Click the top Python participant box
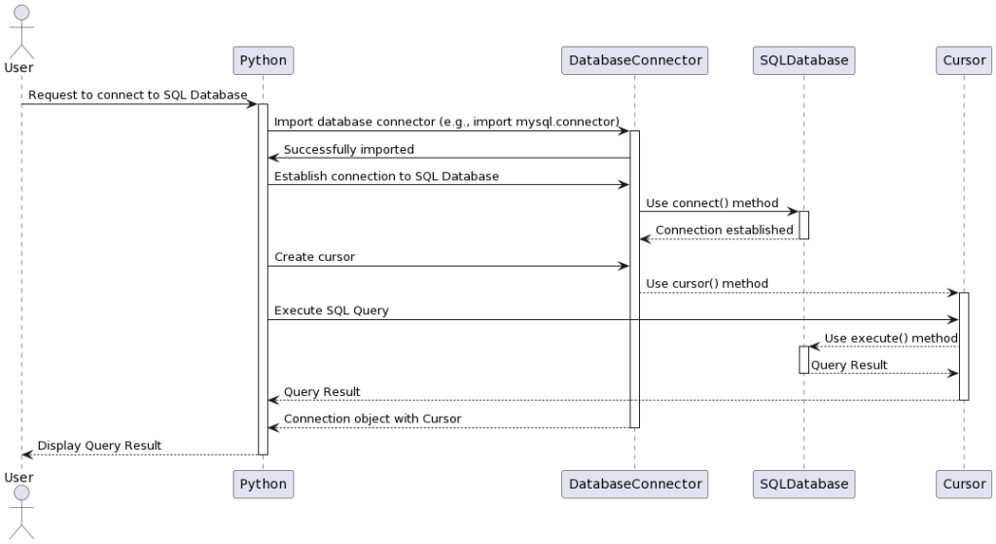click(263, 60)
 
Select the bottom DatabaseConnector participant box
click(634, 482)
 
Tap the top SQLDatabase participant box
click(803, 60)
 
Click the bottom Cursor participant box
click(964, 482)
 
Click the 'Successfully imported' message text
click(348, 149)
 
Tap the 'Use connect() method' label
click(712, 203)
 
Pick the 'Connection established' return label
click(725, 230)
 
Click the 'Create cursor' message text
click(314, 257)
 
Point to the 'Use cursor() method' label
click(707, 283)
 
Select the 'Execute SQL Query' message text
click(332, 310)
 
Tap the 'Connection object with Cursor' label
click(373, 418)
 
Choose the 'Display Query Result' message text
click(99, 446)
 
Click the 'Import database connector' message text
click(446, 122)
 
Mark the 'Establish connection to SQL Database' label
click(386, 176)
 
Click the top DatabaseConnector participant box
click(634, 60)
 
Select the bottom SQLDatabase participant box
click(803, 482)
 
